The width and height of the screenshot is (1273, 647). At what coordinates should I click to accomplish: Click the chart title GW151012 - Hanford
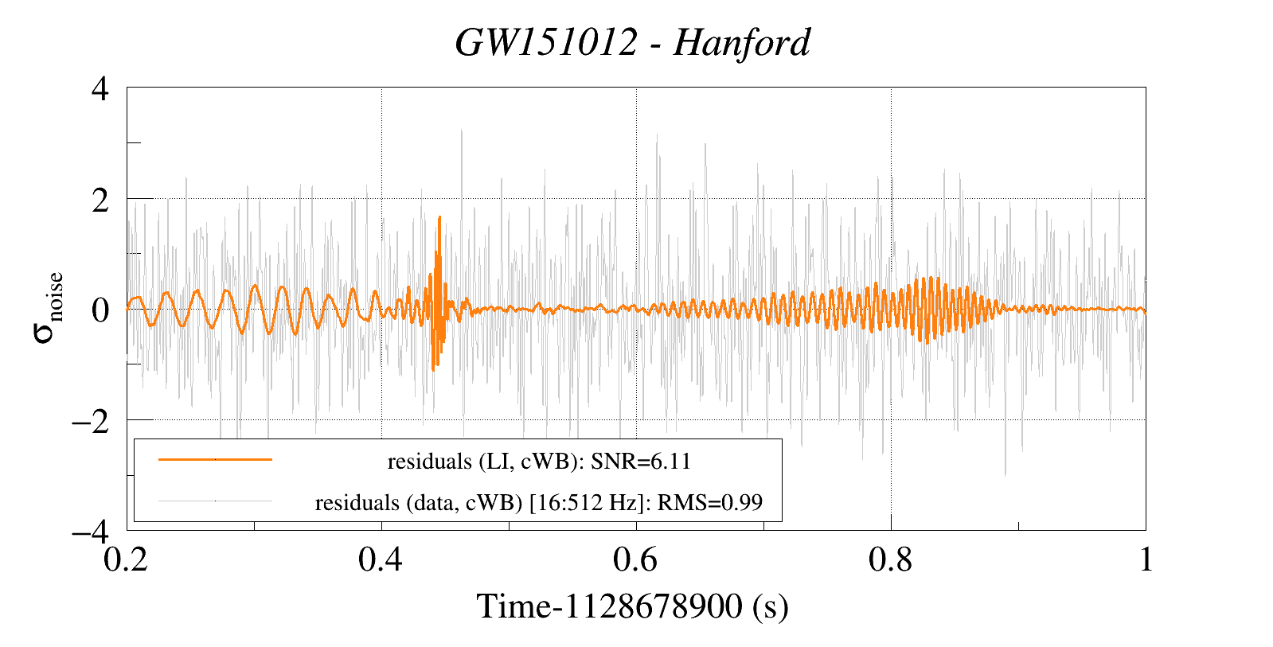tap(633, 43)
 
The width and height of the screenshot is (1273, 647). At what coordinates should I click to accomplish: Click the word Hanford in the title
tap(741, 43)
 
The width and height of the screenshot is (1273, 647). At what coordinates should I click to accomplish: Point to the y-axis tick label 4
tap(100, 88)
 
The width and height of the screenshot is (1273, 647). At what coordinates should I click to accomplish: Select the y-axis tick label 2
tap(100, 199)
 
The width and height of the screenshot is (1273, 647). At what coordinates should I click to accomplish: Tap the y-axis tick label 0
tap(100, 310)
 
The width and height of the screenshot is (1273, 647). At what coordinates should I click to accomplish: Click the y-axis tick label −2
tap(89, 420)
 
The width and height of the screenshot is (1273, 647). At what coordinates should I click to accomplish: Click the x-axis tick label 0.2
tap(127, 561)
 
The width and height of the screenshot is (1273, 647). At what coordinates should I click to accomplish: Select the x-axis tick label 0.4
tap(382, 561)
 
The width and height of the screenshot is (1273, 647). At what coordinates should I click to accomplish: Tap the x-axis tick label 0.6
tap(637, 561)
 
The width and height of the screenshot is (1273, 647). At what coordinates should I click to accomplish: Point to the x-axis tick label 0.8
tap(892, 561)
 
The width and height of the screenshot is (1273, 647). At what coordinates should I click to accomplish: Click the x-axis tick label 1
tap(1145, 561)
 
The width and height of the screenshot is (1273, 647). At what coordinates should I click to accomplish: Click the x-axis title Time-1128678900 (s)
tap(633, 607)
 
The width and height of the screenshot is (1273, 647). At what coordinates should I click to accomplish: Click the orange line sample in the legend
tap(215, 459)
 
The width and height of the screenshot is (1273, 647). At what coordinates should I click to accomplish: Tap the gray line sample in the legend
tap(215, 501)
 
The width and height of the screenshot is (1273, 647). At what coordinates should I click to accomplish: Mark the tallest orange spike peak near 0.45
tap(439, 216)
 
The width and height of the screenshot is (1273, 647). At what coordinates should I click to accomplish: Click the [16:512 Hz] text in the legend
tap(584, 503)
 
